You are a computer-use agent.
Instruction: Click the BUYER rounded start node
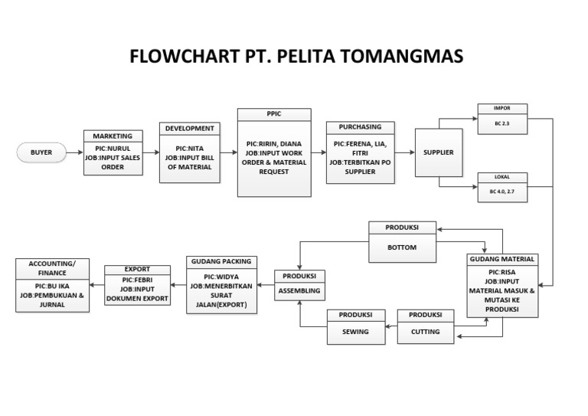41,152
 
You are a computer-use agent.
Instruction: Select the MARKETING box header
113,135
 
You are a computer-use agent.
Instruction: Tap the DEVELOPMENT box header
190,129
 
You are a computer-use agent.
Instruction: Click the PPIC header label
274,114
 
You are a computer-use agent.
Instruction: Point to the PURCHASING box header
360,126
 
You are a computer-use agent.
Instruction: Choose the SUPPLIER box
439,152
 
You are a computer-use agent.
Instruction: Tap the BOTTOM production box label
403,248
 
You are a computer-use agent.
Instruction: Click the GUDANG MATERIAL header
501,259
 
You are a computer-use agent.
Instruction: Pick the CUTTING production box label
425,332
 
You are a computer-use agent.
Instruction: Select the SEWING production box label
355,332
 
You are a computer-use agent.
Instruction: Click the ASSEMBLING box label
300,292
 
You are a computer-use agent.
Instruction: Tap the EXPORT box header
137,270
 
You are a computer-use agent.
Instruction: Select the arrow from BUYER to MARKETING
74,152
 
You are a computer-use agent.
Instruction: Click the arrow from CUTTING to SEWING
390,327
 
